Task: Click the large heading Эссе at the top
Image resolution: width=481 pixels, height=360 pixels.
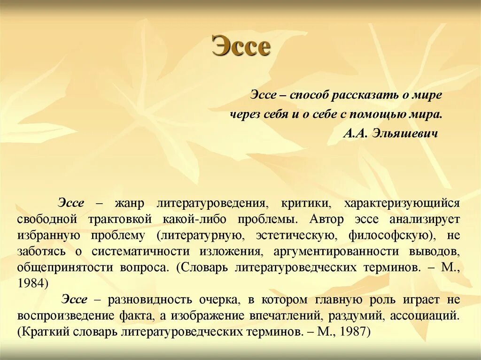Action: coord(241,47)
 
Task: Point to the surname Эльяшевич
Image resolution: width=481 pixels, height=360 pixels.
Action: coord(404,133)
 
